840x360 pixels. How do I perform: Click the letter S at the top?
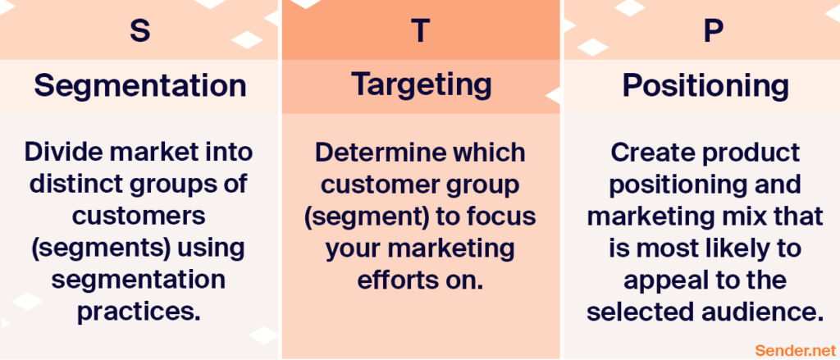click(139, 30)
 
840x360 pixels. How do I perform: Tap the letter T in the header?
click(421, 30)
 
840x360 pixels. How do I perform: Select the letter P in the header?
click(713, 30)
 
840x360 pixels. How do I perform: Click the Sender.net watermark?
click(795, 350)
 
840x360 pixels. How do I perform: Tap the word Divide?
click(58, 153)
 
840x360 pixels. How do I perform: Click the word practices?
click(139, 312)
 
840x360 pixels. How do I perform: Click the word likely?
click(733, 249)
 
